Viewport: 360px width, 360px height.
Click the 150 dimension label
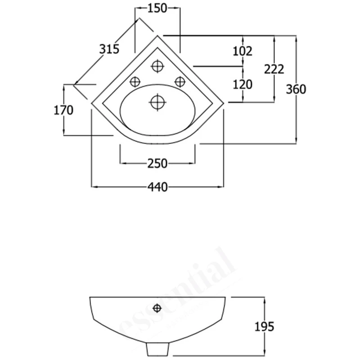(x=157, y=8)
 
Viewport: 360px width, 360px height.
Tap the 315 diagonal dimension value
(x=109, y=49)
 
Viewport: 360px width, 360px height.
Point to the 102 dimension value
(x=242, y=51)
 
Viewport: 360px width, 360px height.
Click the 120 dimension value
(x=242, y=84)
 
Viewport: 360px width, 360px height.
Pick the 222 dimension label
(x=274, y=69)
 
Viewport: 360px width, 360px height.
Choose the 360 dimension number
(x=296, y=89)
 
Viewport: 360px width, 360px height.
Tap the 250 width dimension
(x=157, y=163)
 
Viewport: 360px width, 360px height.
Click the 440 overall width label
(x=157, y=186)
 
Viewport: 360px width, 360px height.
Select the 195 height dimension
(x=264, y=327)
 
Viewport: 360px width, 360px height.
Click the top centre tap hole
(x=157, y=67)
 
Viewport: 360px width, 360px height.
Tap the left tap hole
(x=135, y=81)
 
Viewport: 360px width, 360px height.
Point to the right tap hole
(x=180, y=81)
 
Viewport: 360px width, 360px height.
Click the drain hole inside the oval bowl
(x=157, y=102)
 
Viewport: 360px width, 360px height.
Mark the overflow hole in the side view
(x=157, y=308)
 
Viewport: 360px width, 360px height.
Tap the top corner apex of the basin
(x=157, y=35)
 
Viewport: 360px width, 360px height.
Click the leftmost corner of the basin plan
(x=91, y=103)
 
